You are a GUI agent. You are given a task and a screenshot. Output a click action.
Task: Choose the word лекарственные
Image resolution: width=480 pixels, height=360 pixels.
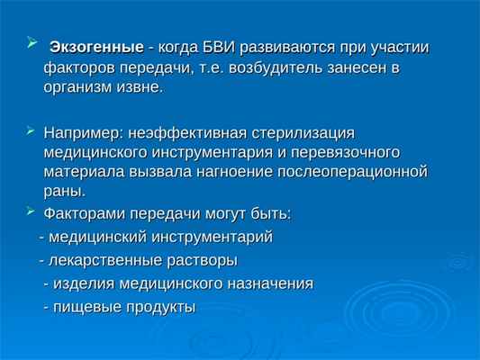[x=99, y=261]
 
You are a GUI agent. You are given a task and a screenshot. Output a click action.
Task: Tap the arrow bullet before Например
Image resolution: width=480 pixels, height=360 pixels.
[x=32, y=129]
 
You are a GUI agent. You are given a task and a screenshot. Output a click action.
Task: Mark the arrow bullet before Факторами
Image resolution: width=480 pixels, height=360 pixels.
[x=32, y=212]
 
